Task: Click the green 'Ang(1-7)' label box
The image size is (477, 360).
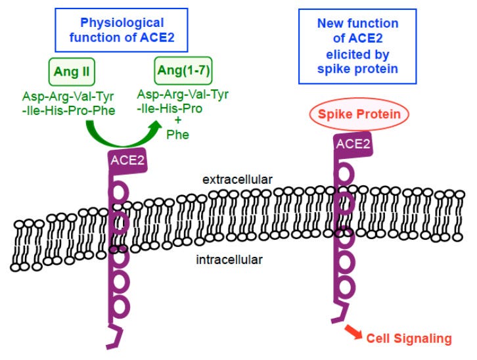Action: pos(181,68)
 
